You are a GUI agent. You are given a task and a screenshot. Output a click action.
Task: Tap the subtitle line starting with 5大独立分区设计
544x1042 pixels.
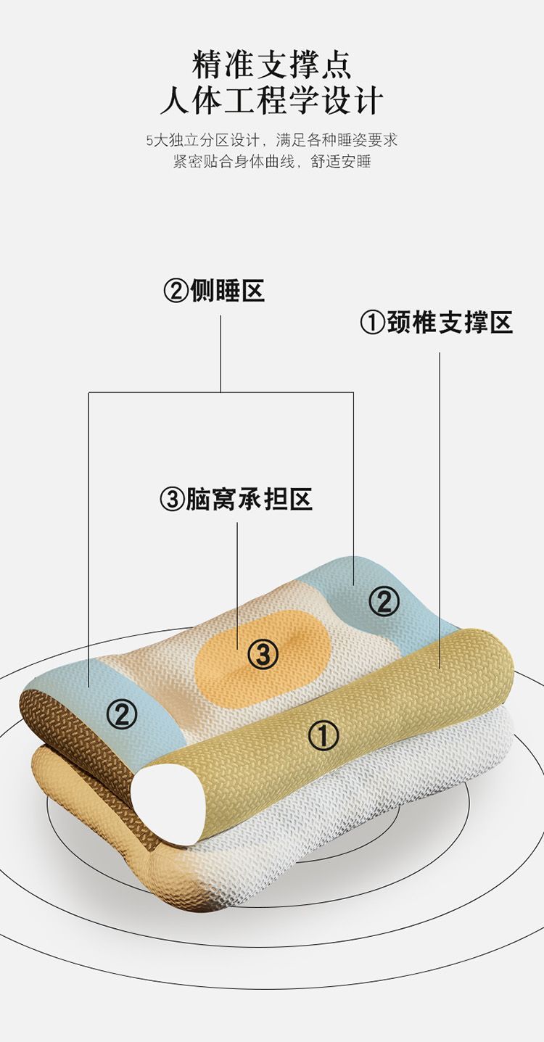(x=272, y=140)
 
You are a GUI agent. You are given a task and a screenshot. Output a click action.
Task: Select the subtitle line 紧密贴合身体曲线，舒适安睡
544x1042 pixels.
(x=272, y=162)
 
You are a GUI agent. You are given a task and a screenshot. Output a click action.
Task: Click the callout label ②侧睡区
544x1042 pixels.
(x=214, y=291)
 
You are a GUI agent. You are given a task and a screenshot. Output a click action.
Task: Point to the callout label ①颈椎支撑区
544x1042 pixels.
(x=437, y=323)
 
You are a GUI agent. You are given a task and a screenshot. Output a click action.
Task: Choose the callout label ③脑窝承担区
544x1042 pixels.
(x=236, y=500)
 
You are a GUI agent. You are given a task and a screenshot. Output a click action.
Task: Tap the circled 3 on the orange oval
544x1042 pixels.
(x=263, y=656)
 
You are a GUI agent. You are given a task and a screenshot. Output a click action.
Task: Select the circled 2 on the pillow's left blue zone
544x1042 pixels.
(x=122, y=715)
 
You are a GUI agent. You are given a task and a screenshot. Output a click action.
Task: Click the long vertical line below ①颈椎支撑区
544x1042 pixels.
(x=440, y=508)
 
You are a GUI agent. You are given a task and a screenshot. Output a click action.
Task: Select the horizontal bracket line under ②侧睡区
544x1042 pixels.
(x=221, y=393)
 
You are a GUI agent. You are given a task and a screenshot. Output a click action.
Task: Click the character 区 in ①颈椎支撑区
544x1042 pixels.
(x=501, y=323)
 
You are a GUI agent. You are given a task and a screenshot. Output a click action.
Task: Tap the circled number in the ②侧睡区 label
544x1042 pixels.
(x=176, y=291)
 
